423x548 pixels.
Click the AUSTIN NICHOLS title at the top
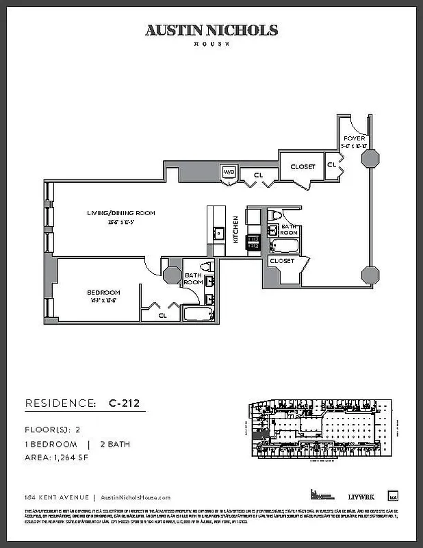click(211, 30)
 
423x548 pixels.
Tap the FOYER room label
click(354, 138)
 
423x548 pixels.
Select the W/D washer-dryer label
click(229, 173)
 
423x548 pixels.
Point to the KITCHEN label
click(235, 229)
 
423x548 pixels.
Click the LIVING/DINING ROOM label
click(120, 213)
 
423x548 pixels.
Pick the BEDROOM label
click(103, 292)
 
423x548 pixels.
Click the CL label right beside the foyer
click(332, 165)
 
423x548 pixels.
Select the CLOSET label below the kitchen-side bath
click(281, 261)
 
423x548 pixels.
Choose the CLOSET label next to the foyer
click(303, 166)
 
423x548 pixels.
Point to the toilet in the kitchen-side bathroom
click(276, 215)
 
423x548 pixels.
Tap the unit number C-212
click(124, 403)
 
